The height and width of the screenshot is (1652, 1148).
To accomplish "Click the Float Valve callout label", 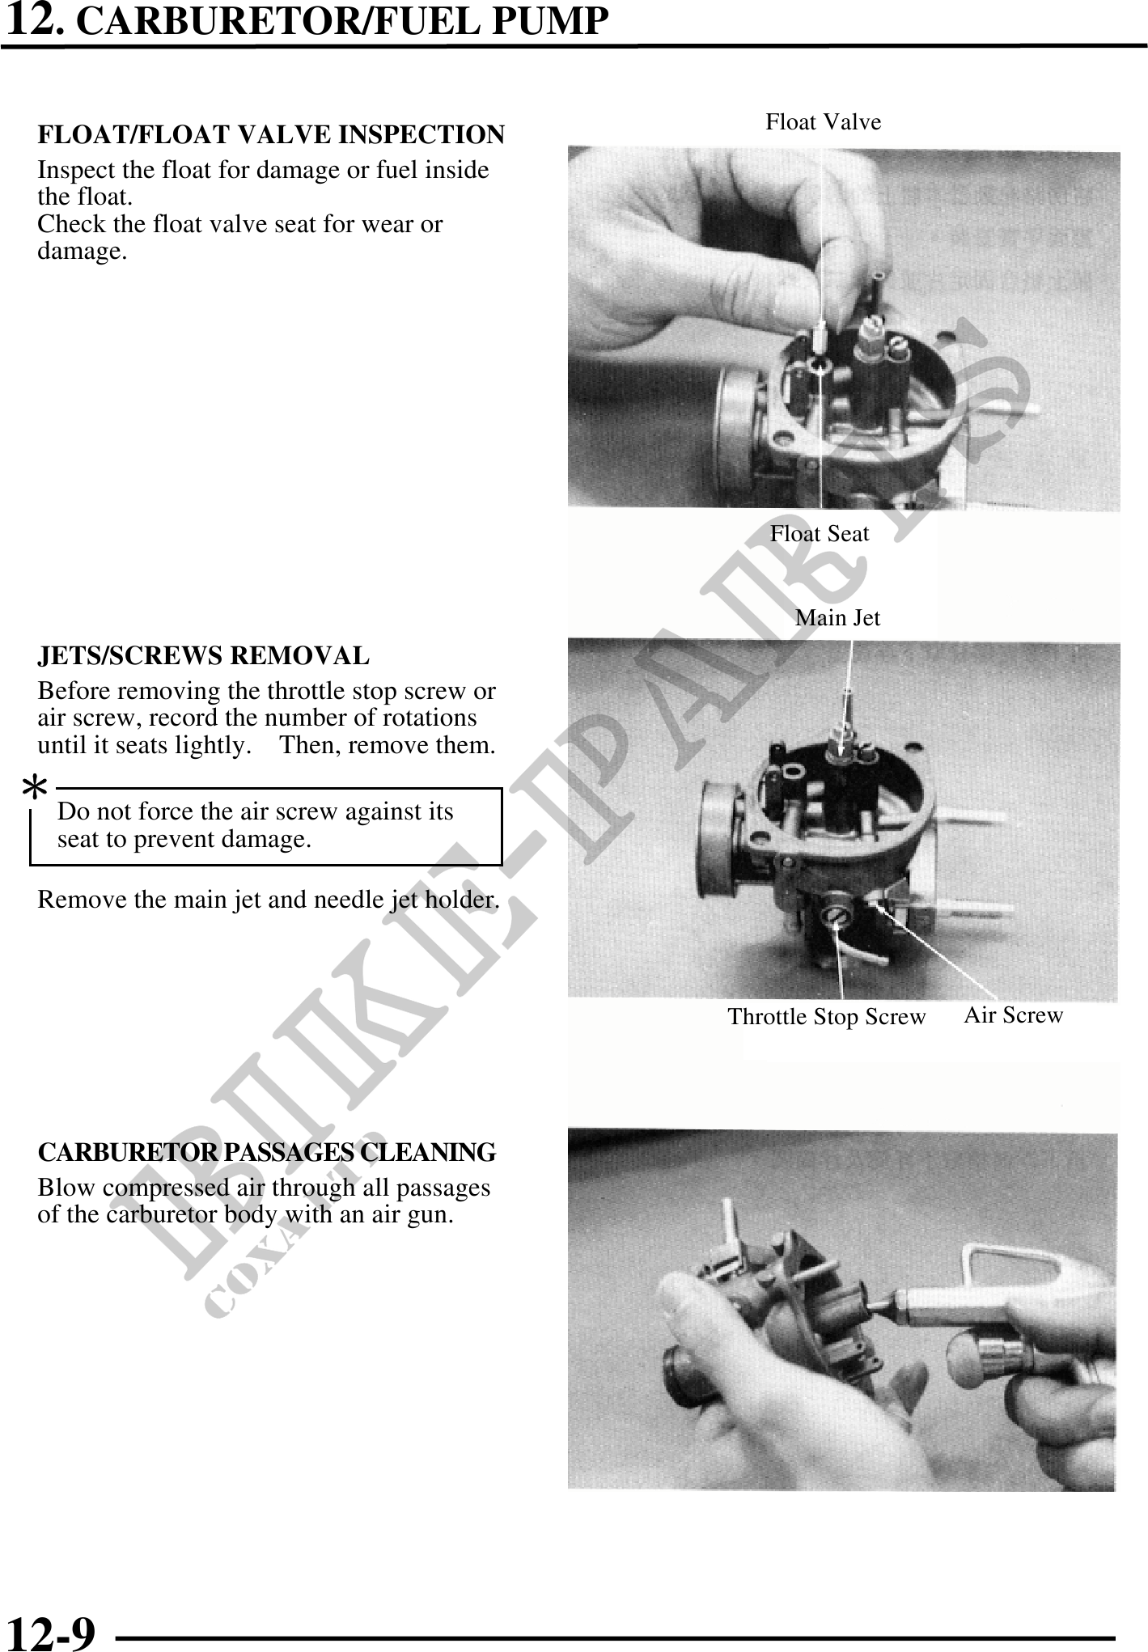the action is (x=823, y=122).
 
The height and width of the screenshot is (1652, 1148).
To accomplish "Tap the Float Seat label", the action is (x=819, y=534).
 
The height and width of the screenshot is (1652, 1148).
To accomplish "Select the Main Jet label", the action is (x=837, y=618).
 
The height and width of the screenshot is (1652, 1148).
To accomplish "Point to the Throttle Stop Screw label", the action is (x=826, y=1017).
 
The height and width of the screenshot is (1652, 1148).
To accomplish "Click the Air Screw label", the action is (x=1013, y=1015).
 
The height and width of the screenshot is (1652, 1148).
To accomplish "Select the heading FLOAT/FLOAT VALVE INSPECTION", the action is (x=271, y=135).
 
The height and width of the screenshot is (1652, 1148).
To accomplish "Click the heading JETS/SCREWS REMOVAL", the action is (x=204, y=655).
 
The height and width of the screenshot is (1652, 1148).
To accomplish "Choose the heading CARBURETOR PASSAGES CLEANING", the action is (x=267, y=1152).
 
